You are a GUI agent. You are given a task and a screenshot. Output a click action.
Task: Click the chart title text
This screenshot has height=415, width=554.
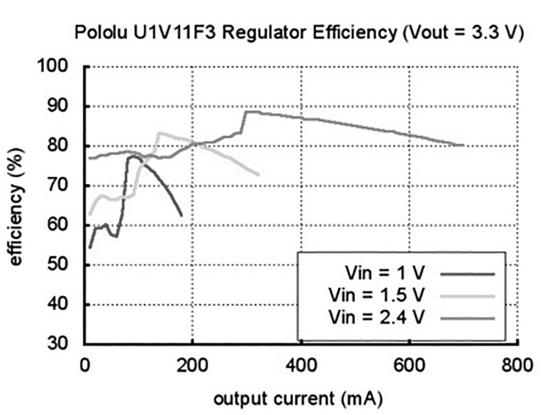[299, 32]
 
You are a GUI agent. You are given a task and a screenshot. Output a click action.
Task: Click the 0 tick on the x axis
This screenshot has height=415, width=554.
[85, 365]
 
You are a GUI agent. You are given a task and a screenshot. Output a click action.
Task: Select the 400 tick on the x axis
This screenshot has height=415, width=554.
[301, 365]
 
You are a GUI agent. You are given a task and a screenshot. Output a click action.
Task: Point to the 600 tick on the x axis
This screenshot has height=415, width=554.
[410, 365]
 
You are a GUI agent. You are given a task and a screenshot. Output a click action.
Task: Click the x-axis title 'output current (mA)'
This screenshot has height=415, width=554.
[299, 399]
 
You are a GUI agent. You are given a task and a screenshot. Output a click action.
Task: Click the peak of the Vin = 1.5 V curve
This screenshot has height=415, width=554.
[159, 132]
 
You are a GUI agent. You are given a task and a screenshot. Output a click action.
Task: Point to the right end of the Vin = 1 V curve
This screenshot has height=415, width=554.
[182, 215]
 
